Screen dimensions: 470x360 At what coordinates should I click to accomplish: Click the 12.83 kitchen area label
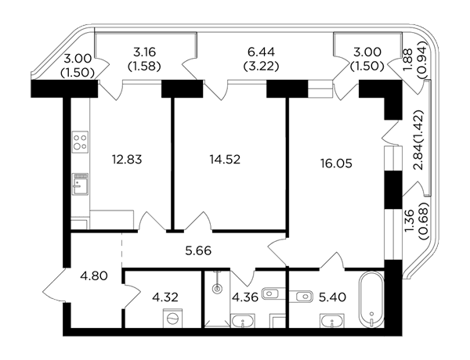[x=127, y=160]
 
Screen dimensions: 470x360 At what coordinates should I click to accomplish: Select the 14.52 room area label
[x=225, y=160]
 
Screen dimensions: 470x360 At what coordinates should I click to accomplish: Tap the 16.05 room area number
[x=336, y=164]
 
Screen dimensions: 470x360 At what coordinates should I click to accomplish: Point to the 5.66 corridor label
[x=198, y=250]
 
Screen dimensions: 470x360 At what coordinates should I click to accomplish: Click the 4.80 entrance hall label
[x=94, y=275]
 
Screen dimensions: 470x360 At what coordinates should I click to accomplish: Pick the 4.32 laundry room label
[x=165, y=297]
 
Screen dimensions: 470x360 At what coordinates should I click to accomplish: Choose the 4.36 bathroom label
[x=245, y=297]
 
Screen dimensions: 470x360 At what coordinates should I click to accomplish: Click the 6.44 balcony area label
[x=261, y=52]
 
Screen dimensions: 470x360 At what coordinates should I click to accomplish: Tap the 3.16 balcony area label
[x=144, y=52]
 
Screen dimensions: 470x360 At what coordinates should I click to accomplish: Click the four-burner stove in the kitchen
[x=80, y=142]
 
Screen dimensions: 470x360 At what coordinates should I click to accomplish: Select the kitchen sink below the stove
[x=80, y=184]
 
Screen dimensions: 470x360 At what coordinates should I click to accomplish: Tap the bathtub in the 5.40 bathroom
[x=371, y=300]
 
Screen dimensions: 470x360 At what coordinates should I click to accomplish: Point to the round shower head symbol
[x=217, y=289]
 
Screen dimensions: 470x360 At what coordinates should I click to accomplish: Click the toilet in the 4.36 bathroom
[x=273, y=293]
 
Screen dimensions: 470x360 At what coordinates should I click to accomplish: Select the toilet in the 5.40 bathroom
[x=302, y=296]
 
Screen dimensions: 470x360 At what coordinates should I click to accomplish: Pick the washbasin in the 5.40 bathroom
[x=332, y=321]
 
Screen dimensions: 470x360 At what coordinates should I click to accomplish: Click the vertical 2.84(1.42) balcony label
[x=418, y=140]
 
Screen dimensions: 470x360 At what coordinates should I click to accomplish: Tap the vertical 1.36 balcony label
[x=410, y=221]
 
